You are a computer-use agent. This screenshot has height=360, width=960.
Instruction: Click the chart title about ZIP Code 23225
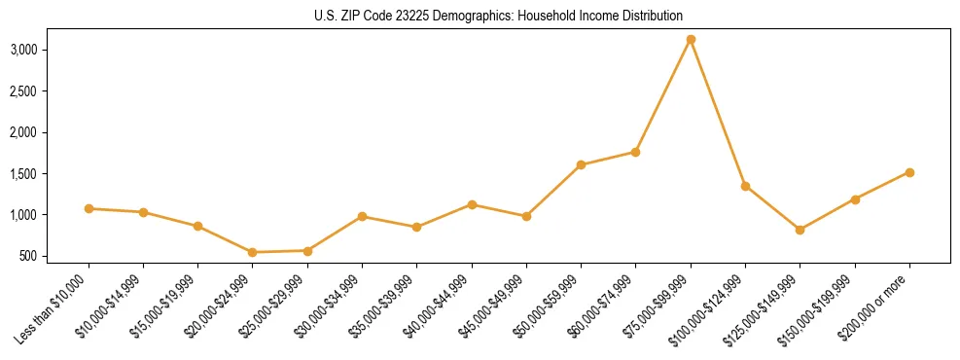coord(480,17)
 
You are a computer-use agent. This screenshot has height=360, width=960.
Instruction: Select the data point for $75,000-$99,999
coord(691,40)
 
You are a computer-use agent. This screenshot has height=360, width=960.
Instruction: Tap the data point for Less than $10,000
coord(89,208)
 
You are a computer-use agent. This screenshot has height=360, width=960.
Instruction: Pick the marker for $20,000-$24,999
coord(253,252)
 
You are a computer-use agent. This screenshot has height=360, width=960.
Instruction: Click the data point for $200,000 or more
coord(909,172)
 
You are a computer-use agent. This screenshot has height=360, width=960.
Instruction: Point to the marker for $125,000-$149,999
coord(800,230)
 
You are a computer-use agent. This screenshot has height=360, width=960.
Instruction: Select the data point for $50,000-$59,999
coord(581,164)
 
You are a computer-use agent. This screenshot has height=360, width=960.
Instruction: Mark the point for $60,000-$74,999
coord(635,152)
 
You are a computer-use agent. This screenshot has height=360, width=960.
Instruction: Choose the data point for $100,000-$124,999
coord(745,186)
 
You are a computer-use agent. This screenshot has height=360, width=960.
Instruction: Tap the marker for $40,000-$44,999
coord(472,204)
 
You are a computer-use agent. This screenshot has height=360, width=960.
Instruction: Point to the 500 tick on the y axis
coord(56,257)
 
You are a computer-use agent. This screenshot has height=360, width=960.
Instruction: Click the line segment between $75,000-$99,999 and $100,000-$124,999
coord(718,113)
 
